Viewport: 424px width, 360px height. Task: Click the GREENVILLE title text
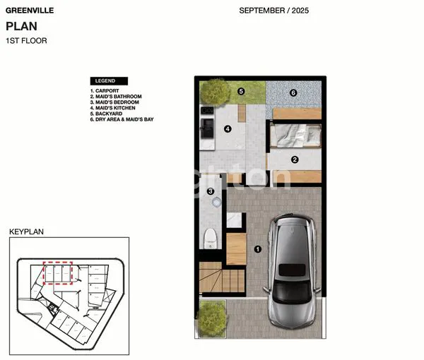[26, 11]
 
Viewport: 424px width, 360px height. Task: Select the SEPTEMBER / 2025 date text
[273, 11]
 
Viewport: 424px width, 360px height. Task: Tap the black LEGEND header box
[109, 81]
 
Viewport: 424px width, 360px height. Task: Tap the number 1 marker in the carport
[258, 248]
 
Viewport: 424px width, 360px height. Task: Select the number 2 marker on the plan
[295, 160]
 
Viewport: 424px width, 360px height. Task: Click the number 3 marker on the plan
[211, 191]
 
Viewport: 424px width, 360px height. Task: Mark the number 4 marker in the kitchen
[228, 128]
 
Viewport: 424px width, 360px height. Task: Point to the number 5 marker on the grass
[241, 91]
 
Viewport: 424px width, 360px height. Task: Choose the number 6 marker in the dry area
[293, 92]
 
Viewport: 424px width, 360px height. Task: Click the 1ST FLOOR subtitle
[26, 41]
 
